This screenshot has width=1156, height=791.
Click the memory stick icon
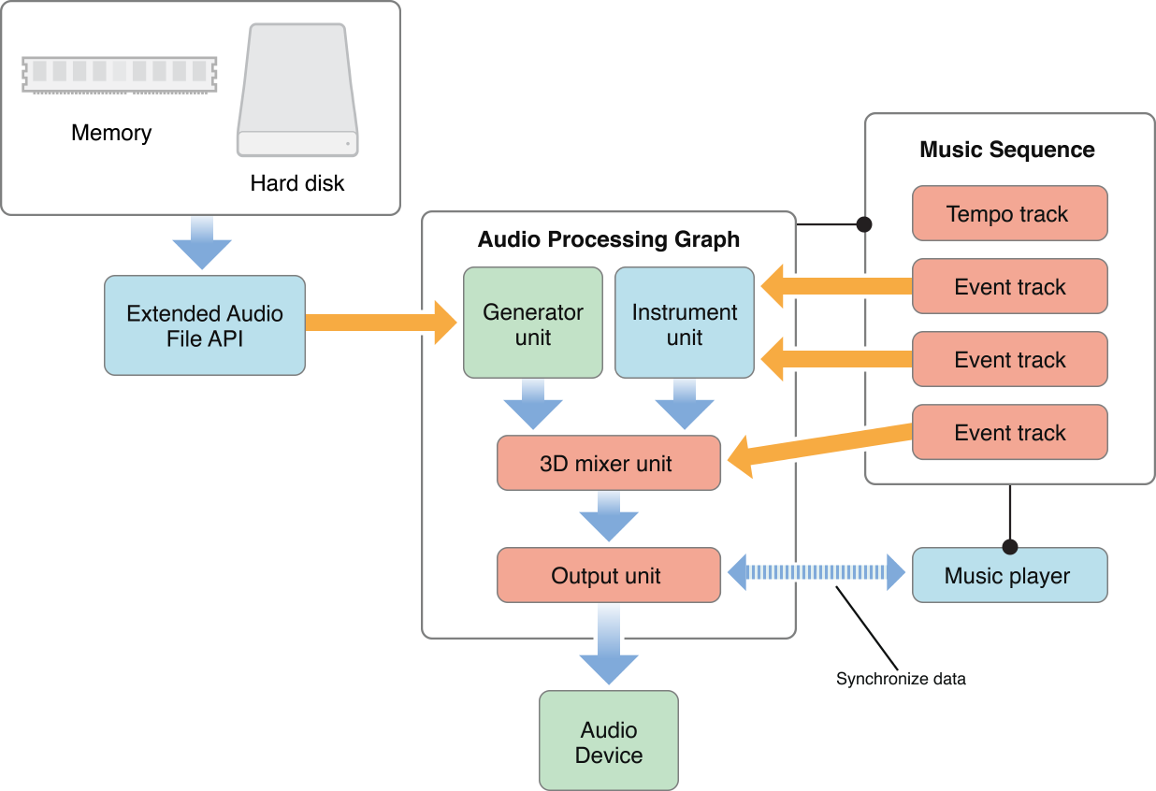[x=119, y=73]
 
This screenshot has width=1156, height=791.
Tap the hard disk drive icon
[x=297, y=91]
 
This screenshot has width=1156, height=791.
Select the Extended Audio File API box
[x=205, y=325]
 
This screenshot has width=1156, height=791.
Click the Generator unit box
[x=533, y=324]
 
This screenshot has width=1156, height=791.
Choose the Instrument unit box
[x=685, y=324]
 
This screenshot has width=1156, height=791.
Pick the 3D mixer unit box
[x=608, y=463]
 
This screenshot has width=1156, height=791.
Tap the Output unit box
[x=608, y=575]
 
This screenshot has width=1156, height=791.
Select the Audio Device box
[x=609, y=741]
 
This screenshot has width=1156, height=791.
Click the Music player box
[x=1008, y=575]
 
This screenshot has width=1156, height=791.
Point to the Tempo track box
[x=1008, y=213]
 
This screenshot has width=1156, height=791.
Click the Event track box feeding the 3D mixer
[x=1008, y=432]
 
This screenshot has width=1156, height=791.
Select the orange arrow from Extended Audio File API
[x=379, y=323]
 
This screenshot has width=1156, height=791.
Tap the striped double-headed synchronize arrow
[x=816, y=572]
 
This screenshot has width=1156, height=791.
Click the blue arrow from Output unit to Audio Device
[x=609, y=645]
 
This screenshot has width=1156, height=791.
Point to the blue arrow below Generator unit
[x=533, y=404]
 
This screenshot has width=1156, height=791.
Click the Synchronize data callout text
[x=901, y=679]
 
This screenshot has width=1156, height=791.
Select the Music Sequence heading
[x=1007, y=150]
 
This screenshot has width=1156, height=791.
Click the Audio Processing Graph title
[x=609, y=239]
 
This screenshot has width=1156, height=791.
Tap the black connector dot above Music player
[x=1010, y=547]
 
